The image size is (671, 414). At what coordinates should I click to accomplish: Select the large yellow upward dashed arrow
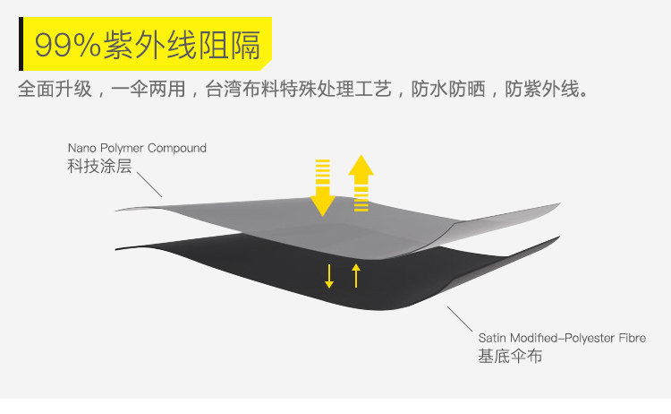pyautogui.click(x=361, y=183)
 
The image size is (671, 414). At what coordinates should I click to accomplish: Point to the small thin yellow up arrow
pyautogui.click(x=356, y=274)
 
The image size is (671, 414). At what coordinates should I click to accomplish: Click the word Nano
pyautogui.click(x=81, y=148)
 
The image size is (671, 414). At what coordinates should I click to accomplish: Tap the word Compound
pyautogui.click(x=177, y=148)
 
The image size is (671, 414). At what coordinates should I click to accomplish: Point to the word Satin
pyautogui.click(x=494, y=338)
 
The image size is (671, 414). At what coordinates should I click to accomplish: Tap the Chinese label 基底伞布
pyautogui.click(x=510, y=357)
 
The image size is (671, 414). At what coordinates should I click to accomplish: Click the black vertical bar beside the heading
pyautogui.click(x=21, y=45)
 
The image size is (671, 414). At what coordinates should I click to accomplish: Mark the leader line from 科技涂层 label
pyautogui.click(x=149, y=185)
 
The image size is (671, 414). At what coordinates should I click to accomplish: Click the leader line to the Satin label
pyautogui.click(x=460, y=318)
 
